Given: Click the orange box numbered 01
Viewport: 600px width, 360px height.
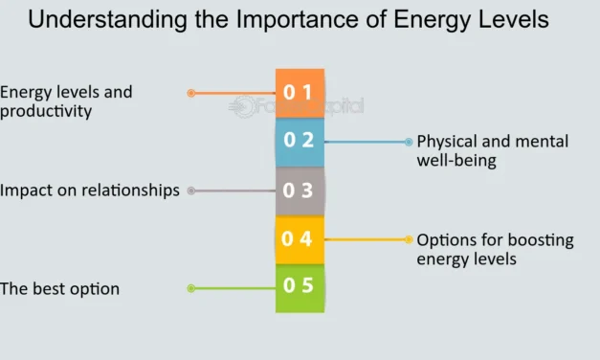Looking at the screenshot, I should pyautogui.click(x=300, y=93).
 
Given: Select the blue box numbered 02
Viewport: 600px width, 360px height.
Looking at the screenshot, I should pyautogui.click(x=300, y=142).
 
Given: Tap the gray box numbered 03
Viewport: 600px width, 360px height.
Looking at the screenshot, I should pyautogui.click(x=300, y=191).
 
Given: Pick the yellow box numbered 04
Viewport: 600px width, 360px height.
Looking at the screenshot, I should pyautogui.click(x=300, y=239).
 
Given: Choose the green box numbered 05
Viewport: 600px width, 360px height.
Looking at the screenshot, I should pyautogui.click(x=300, y=287).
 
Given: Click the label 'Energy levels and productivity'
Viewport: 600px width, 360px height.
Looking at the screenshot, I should pyautogui.click(x=66, y=101).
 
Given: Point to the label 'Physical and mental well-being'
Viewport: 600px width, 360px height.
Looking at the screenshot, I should pyautogui.click(x=492, y=151).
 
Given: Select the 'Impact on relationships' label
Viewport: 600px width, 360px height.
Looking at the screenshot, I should pyautogui.click(x=90, y=191).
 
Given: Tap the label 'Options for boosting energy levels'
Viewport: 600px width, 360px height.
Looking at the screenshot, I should pyautogui.click(x=495, y=249).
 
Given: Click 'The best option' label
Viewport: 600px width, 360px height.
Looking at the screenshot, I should pyautogui.click(x=60, y=288).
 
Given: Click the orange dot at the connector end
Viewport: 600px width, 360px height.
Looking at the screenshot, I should pyautogui.click(x=191, y=93).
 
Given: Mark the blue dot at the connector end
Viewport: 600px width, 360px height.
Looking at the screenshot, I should pyautogui.click(x=409, y=142).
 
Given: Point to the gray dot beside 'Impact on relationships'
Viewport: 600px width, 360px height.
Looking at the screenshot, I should pyautogui.click(x=191, y=191).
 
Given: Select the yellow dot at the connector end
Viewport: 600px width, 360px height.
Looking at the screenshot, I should pyautogui.click(x=409, y=239).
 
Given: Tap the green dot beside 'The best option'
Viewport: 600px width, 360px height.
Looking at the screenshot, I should pyautogui.click(x=191, y=288).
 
